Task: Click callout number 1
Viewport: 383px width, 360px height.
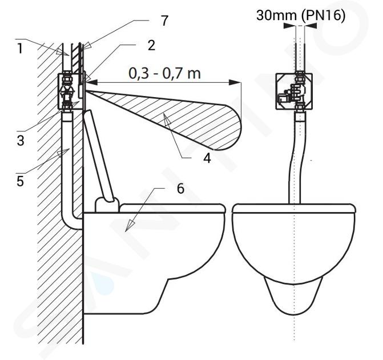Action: [x=20, y=48]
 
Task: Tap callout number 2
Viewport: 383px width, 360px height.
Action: [x=151, y=45]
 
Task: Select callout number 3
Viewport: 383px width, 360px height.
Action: [x=21, y=141]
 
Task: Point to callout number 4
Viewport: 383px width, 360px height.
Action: [x=207, y=158]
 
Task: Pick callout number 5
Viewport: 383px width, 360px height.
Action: [x=21, y=182]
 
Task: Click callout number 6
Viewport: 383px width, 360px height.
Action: [x=180, y=189]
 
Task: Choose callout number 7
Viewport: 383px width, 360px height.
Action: [x=165, y=21]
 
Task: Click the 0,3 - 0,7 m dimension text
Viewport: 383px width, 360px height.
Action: [x=164, y=73]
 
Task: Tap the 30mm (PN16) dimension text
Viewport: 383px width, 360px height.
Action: [x=301, y=16]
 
